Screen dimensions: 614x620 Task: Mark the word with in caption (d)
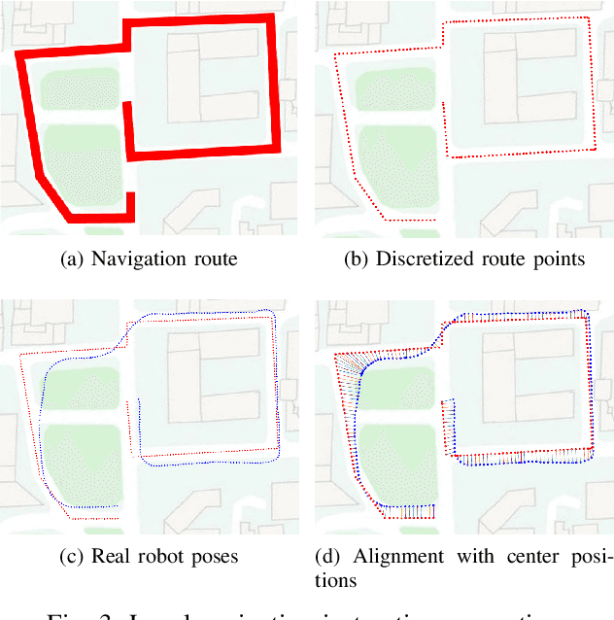tap(466, 557)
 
